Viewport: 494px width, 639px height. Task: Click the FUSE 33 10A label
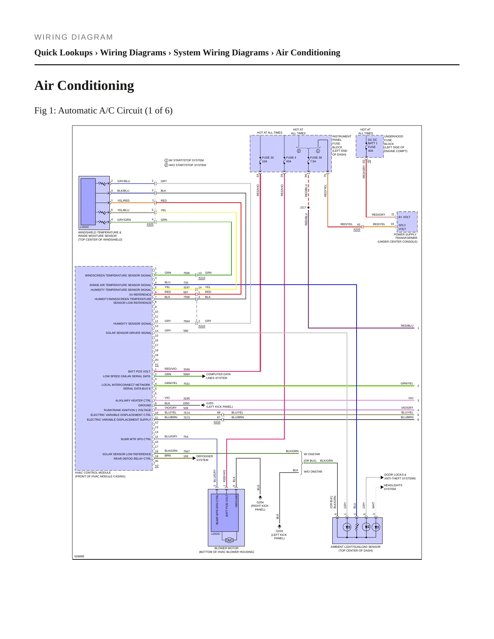[x=268, y=160]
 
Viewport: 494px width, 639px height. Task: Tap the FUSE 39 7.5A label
[x=316, y=160]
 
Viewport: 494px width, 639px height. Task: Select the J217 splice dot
[x=308, y=207]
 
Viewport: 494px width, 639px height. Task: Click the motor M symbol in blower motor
[x=229, y=540]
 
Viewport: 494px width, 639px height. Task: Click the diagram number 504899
[x=79, y=556]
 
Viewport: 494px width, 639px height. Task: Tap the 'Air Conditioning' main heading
[x=84, y=85]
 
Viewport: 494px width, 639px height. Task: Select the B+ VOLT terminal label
[x=404, y=217]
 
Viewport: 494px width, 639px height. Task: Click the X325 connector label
[x=150, y=224]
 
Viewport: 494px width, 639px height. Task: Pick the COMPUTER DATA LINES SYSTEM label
[x=218, y=376]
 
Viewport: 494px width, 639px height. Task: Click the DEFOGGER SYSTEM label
[x=204, y=458]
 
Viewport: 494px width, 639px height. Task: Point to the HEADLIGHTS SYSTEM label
[x=393, y=487]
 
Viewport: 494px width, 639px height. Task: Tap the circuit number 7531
[x=186, y=384]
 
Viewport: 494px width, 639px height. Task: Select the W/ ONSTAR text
[x=312, y=454]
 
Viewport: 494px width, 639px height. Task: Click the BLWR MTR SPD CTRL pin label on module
[x=136, y=439]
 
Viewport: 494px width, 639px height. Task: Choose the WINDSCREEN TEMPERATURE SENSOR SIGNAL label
[x=118, y=275]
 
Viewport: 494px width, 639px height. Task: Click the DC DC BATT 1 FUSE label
[x=373, y=143]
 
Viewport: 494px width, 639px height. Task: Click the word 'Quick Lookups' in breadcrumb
[x=64, y=53]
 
